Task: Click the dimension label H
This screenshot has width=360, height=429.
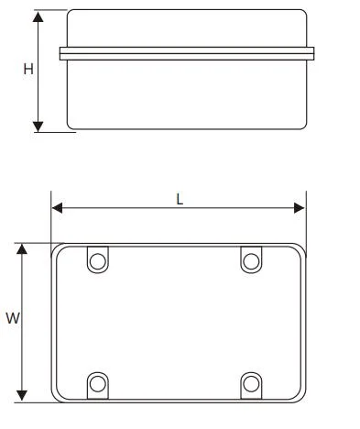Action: [x=28, y=71]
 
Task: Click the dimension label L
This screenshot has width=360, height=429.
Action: [x=180, y=198]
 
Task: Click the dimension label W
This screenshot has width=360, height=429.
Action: [x=12, y=319]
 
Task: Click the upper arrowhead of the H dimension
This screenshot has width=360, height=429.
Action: [x=38, y=17]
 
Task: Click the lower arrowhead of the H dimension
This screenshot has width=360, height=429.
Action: [x=38, y=126]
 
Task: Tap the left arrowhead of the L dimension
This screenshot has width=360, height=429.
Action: [x=57, y=208]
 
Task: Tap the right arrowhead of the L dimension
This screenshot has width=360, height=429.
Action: [x=300, y=208]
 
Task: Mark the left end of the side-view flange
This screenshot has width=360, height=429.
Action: [x=61, y=54]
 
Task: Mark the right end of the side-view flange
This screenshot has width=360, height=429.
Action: [x=312, y=54]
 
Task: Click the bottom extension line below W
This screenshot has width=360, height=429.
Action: [x=37, y=402]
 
